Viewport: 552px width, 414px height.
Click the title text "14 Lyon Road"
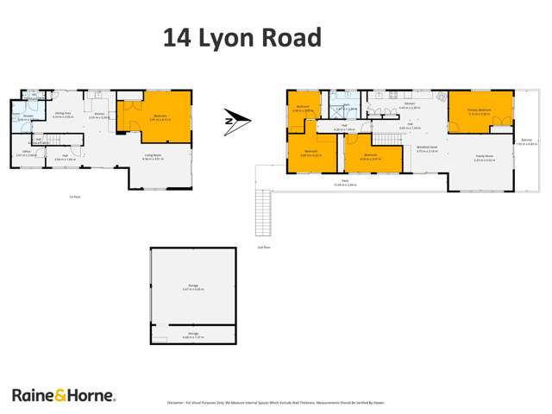[242, 38]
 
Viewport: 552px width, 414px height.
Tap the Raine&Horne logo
[63, 395]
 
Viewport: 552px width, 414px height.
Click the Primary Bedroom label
[479, 111]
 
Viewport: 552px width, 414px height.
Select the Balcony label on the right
[526, 141]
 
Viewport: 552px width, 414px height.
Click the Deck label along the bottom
[345, 183]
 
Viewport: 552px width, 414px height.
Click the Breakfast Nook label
[427, 148]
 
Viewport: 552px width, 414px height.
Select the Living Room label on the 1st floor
[152, 156]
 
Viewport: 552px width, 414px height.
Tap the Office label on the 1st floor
[23, 154]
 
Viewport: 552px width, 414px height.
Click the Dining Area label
[63, 115]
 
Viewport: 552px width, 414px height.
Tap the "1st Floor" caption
[75, 197]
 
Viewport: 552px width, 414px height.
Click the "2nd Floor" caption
[264, 247]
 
